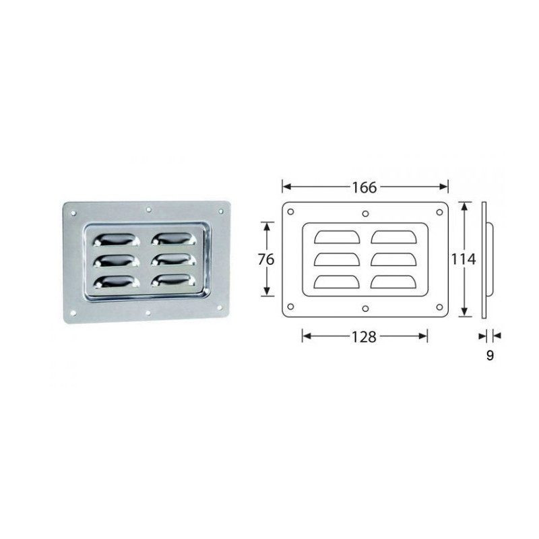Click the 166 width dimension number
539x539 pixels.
(x=364, y=187)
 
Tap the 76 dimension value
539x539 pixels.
(x=267, y=258)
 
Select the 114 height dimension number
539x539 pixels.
(x=465, y=258)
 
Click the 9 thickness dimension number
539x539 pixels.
(x=490, y=355)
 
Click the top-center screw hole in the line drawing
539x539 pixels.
(x=365, y=214)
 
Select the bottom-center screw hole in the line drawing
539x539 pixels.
(x=365, y=309)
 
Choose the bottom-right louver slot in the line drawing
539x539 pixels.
(x=393, y=282)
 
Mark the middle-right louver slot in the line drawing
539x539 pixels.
(x=393, y=259)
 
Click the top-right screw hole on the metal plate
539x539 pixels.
(x=219, y=212)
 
